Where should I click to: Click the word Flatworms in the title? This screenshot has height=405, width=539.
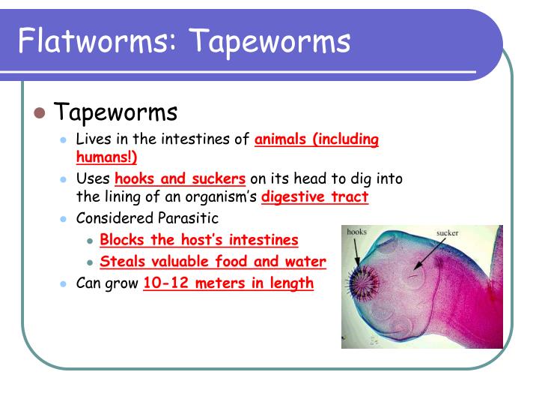click(x=89, y=40)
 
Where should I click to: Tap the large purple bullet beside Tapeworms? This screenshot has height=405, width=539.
click(x=40, y=114)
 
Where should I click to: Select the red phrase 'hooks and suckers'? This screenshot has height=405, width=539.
click(x=180, y=178)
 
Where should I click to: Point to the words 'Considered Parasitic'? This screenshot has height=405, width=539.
click(x=147, y=218)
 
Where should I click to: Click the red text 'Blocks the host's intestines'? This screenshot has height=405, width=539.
click(x=199, y=240)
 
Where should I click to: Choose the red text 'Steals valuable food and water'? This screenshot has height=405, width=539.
click(x=213, y=262)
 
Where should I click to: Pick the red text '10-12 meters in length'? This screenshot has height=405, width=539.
click(x=228, y=283)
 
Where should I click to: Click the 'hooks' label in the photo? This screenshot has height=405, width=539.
click(x=356, y=232)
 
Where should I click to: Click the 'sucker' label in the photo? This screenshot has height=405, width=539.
click(x=447, y=233)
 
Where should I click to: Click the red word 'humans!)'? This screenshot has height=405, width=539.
click(x=107, y=157)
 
